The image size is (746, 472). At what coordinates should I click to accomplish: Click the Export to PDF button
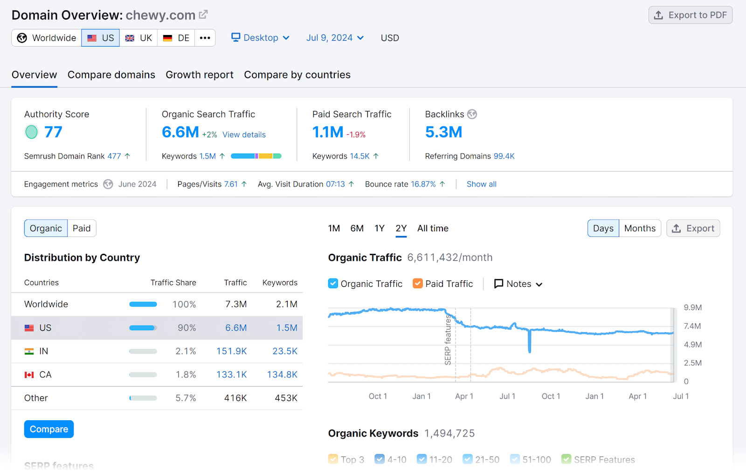pos(690,15)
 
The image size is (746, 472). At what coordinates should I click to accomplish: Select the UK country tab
pos(138,38)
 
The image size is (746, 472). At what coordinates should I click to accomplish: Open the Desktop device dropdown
pos(261,38)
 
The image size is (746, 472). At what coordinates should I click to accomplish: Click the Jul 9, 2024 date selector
pos(334,38)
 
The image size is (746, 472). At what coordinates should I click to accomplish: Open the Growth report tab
pos(200,75)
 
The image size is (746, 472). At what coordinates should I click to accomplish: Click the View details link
pos(244,135)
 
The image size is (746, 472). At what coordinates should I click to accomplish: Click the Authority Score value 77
pos(53,132)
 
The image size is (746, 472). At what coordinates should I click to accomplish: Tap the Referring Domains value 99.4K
pos(504,156)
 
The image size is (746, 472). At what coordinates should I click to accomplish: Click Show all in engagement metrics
pos(481,184)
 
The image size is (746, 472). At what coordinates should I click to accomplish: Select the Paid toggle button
pos(82,228)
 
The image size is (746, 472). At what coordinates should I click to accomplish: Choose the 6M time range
pos(357,228)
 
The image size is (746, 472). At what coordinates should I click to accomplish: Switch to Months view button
pos(640,228)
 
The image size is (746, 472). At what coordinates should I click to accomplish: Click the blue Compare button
pos(49,429)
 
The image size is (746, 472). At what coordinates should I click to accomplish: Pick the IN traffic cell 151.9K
pos(231,351)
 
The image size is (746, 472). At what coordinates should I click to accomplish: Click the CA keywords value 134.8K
pos(282,375)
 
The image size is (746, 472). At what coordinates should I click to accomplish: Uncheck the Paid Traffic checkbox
pos(418,284)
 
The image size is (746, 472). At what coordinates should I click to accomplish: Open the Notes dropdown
pos(518,284)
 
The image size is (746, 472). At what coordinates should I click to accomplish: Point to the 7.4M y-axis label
pos(692,326)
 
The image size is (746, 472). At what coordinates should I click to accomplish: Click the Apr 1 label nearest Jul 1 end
pos(637,396)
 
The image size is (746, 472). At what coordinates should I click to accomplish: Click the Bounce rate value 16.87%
pos(423,184)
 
